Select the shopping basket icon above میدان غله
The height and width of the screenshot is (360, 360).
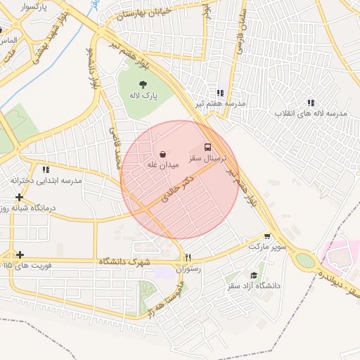point(163,153)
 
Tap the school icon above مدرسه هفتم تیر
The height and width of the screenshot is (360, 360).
point(221,92)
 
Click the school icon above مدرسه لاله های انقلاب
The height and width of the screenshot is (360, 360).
point(311,103)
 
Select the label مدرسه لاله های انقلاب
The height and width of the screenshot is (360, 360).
point(311,114)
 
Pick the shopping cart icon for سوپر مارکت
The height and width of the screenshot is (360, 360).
point(266,236)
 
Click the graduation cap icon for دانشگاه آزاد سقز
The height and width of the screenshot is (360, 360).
point(254,276)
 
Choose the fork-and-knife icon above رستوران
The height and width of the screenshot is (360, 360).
point(188,257)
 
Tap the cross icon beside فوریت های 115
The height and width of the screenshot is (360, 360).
point(20,255)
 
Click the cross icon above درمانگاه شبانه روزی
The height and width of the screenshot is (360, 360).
point(19,198)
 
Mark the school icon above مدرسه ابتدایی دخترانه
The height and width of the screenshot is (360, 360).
point(46,169)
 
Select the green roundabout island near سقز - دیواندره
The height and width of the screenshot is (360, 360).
point(305,260)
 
